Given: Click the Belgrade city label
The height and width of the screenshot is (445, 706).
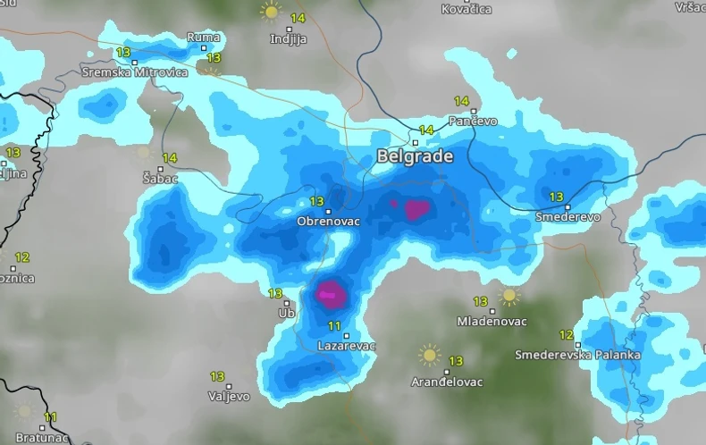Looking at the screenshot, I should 415,156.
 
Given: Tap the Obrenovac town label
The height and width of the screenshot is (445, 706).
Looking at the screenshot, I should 328,221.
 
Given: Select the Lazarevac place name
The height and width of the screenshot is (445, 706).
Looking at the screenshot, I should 347,345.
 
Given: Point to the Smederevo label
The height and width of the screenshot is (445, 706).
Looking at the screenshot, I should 567,216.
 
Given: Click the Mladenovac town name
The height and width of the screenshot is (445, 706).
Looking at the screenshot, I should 492,321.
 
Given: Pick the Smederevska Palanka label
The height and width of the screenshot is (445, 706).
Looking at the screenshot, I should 577,355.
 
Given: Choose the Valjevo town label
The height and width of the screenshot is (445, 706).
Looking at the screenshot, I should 229,395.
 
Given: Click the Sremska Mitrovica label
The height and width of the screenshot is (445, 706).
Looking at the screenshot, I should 134,71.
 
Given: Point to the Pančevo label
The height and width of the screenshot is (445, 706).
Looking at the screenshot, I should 473,121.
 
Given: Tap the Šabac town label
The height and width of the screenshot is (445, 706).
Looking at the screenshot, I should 161,179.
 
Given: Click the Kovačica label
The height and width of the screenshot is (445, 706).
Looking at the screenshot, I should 466,9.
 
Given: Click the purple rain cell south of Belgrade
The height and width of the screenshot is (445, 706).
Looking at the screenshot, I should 416,210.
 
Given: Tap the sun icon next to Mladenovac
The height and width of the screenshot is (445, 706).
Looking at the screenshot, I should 509,296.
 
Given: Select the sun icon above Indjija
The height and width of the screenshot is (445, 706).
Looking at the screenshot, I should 270,12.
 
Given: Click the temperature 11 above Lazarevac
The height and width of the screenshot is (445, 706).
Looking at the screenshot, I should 335,325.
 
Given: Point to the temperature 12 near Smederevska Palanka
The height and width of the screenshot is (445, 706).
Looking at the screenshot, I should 566,335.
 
